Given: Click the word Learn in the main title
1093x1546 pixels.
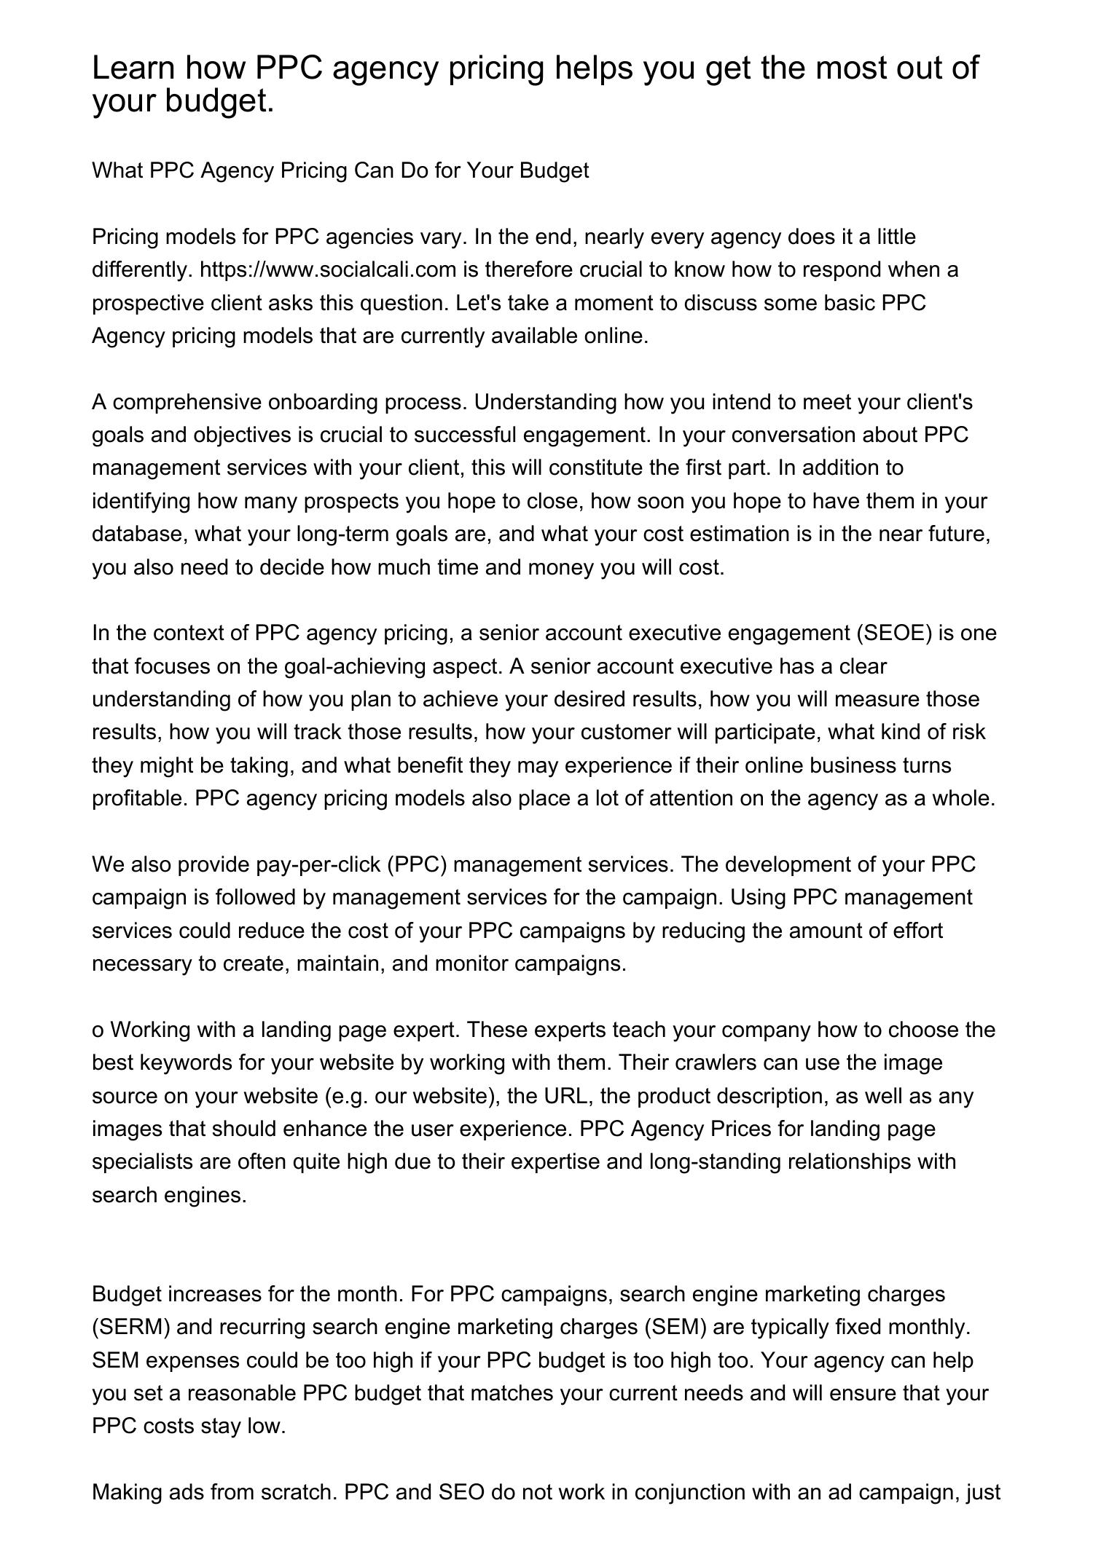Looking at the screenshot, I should coord(134,68).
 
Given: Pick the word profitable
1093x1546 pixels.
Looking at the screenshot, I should coord(140,799).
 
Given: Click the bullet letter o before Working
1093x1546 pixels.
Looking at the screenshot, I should coord(98,1030).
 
